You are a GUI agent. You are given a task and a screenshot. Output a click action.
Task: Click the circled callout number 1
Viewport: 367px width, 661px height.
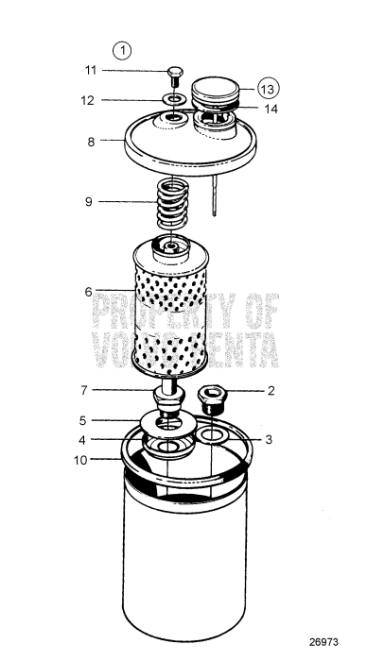coord(122,47)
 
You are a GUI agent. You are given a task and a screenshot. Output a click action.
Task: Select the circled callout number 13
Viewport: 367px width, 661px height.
coord(268,88)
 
